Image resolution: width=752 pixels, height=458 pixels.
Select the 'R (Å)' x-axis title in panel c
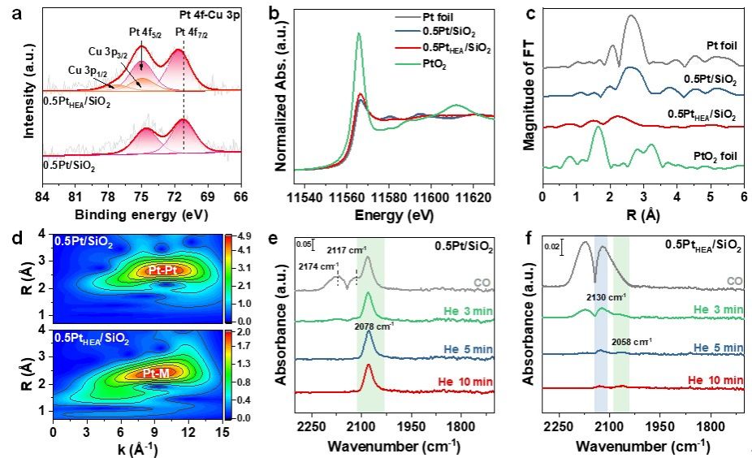pyautogui.click(x=642, y=216)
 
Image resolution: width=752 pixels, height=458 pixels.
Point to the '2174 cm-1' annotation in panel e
pyautogui.click(x=316, y=266)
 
